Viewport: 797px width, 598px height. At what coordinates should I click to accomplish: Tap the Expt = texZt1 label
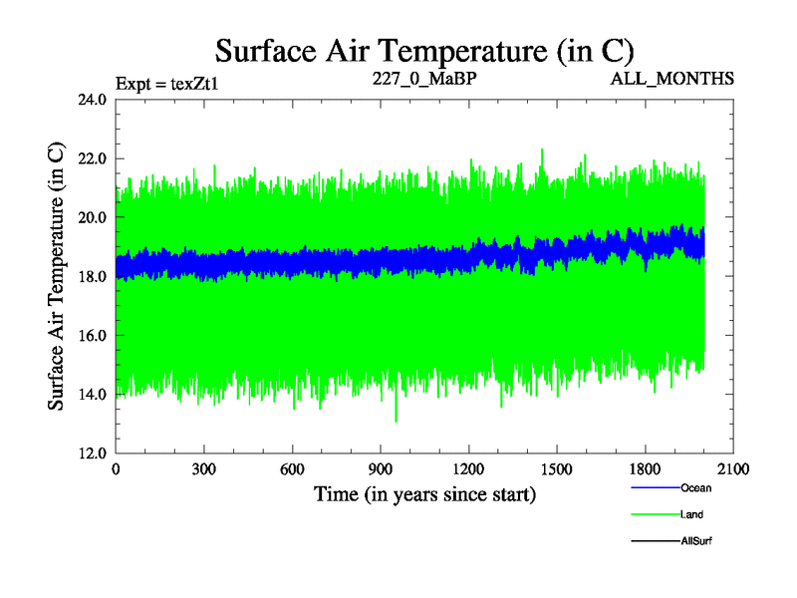(x=166, y=83)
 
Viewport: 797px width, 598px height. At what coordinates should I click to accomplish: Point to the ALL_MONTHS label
(x=672, y=77)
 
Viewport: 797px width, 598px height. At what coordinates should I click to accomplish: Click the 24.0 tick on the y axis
(x=92, y=100)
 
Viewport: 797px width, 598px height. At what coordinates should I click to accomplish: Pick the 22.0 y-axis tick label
(x=92, y=158)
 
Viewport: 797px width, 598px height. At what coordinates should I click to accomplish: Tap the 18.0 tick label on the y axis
(x=92, y=276)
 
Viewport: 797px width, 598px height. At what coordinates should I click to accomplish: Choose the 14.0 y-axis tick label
(x=92, y=394)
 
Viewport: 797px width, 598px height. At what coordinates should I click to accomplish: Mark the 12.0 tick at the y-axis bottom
(x=92, y=452)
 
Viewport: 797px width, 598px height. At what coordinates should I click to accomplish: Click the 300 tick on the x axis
(x=204, y=468)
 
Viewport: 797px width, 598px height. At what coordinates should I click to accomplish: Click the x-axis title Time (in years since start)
(x=425, y=493)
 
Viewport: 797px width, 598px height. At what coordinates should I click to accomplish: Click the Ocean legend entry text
(x=695, y=488)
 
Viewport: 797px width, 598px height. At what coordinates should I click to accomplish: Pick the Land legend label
(x=691, y=514)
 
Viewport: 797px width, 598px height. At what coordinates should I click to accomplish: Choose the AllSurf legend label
(x=695, y=540)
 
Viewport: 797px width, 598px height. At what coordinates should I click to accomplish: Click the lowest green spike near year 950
(x=397, y=420)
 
